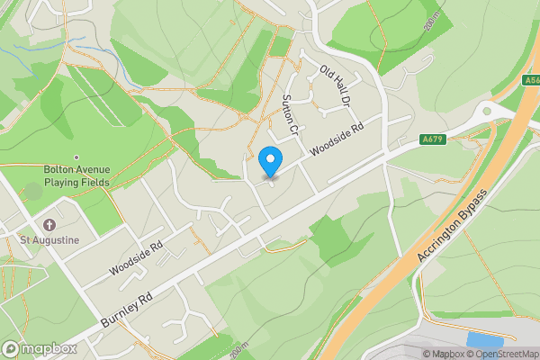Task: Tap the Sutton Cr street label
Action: (x=289, y=115)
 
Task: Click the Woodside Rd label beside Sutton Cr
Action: (x=337, y=140)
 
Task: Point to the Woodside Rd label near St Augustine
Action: (x=136, y=258)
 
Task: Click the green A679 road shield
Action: (x=434, y=139)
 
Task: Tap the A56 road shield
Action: (x=531, y=80)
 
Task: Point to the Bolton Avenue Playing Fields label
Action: (x=76, y=175)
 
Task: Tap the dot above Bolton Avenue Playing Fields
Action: (x=76, y=157)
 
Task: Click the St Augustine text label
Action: (x=51, y=240)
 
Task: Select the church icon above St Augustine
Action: (x=49, y=224)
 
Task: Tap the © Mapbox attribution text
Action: (x=443, y=354)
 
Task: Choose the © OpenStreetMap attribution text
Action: (x=502, y=354)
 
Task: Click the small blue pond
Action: (x=484, y=340)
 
